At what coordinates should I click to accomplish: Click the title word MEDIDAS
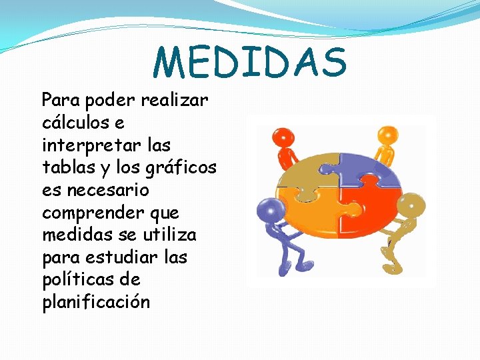pos(250,62)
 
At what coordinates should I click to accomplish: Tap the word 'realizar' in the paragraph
pos(175,101)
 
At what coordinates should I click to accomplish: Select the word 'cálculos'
pos(73,123)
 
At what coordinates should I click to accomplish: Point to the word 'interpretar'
pos(79,146)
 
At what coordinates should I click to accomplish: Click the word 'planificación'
pos(96,303)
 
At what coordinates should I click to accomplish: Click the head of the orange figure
pos(386,136)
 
